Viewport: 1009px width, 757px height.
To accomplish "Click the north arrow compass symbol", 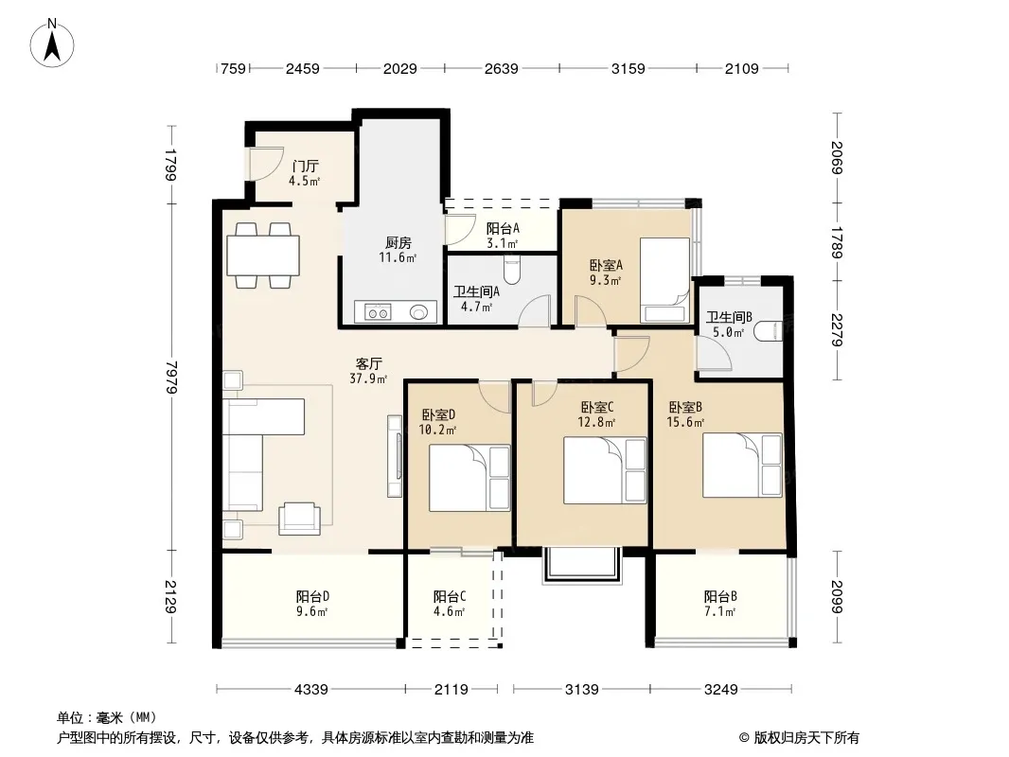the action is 52,44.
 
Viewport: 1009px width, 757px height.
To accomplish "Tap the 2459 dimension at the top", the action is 303,68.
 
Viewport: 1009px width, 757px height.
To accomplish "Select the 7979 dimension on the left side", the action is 171,377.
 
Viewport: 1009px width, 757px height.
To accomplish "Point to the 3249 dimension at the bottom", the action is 720,690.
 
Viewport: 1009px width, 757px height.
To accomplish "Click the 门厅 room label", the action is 305,167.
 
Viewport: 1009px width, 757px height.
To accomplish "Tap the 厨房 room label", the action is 398,242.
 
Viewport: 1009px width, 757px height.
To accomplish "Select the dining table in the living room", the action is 263,255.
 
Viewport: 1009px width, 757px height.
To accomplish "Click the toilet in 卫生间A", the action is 511,270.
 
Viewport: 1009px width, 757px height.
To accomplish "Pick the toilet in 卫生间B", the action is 769,330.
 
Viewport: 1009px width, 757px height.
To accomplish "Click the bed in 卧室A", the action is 664,280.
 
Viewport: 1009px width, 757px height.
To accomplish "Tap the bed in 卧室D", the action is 469,478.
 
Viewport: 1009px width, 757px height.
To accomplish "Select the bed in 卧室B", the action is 742,466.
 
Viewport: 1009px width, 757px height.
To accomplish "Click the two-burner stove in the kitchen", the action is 378,312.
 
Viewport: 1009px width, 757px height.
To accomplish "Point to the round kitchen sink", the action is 419,312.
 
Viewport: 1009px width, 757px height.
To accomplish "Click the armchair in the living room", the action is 299,519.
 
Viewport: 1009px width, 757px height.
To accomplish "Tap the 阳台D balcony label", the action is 312,596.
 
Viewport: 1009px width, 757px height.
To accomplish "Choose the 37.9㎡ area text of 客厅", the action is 368,378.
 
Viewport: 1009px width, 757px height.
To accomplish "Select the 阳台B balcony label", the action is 720,596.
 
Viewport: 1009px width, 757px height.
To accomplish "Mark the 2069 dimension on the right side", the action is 837,158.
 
